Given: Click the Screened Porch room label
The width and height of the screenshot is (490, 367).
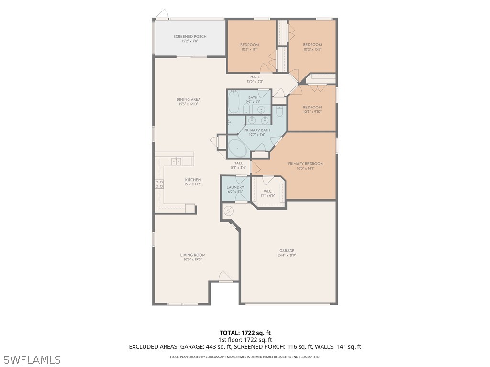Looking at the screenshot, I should tap(189, 36).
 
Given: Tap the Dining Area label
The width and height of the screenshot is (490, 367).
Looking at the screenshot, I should tap(189, 99).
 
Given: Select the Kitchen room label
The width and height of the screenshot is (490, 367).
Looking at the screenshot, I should tap(193, 180).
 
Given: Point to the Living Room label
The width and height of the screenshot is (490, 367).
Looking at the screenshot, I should tap(193, 255).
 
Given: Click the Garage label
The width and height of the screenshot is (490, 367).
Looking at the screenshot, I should tap(287, 251).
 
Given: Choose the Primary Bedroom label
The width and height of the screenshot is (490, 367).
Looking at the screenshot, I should tap(305, 164).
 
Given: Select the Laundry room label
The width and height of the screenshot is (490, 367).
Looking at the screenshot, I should tap(235, 187).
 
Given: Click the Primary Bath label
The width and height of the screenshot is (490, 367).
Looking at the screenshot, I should tap(257, 130).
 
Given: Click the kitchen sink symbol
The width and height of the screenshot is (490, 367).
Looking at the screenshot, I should tap(177, 161).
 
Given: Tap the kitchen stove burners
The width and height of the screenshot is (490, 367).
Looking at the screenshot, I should tap(159, 184).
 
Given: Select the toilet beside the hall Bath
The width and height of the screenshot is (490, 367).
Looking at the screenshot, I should tap(280, 111).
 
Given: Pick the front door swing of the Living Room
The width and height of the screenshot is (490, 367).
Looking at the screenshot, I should tap(225, 276).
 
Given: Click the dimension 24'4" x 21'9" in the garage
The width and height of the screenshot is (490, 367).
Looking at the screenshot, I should tap(287, 256).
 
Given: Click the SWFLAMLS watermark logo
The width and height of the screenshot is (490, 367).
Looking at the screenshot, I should tap(32, 359).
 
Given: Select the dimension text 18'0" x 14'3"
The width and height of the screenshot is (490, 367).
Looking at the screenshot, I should tap(305, 169).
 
